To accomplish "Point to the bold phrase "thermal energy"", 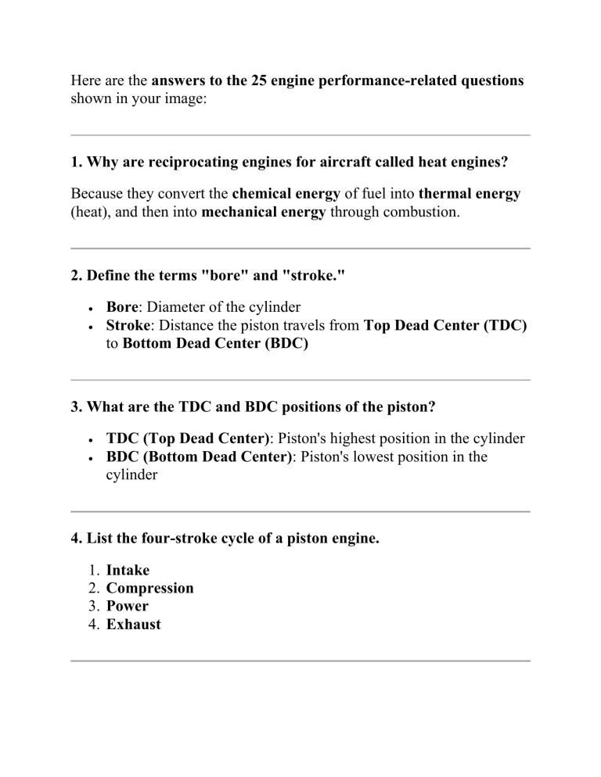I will tap(470, 193).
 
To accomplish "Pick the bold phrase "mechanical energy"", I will tap(263, 212).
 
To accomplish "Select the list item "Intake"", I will tap(128, 570).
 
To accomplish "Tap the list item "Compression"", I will tap(149, 588).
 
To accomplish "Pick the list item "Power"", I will tap(127, 606).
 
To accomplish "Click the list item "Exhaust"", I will tap(133, 625).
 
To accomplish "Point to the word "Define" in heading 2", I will tap(110, 275).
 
